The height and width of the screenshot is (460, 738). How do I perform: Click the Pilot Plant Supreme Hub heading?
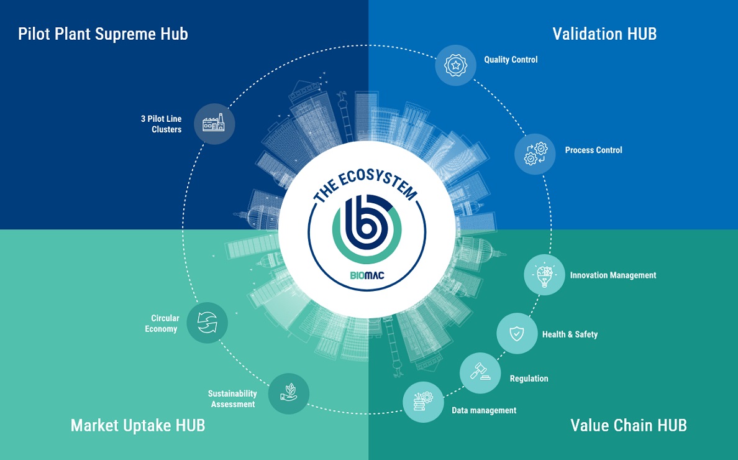tap(103, 34)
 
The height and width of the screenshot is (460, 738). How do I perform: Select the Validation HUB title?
tap(604, 34)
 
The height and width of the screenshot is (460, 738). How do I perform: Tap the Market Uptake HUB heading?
tap(138, 426)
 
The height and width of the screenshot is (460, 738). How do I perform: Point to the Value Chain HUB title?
tap(629, 426)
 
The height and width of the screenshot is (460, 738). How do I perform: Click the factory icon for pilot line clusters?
tap(214, 124)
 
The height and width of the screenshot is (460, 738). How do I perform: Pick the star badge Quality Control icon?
tap(455, 65)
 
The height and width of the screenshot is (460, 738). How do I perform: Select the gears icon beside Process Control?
tap(535, 154)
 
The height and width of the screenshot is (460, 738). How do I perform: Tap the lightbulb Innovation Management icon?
tap(545, 275)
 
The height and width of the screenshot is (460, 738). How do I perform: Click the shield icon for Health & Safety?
tap(517, 333)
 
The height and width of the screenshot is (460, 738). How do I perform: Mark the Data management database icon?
tap(423, 402)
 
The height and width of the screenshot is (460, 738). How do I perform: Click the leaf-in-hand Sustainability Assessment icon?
tap(288, 393)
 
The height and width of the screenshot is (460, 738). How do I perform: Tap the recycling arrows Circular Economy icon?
tap(207, 323)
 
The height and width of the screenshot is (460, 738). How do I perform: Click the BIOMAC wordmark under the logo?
tap(367, 275)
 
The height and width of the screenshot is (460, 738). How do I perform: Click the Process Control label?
tap(593, 150)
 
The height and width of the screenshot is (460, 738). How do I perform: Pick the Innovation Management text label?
tap(613, 275)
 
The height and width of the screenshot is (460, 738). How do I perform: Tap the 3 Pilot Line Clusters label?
tap(162, 124)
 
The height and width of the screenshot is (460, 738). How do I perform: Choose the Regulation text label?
tap(529, 379)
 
